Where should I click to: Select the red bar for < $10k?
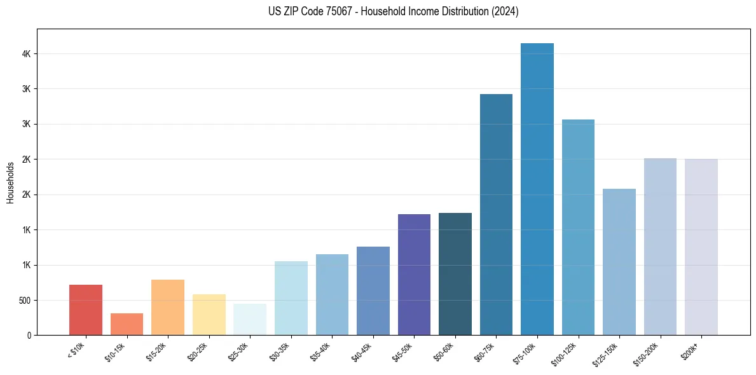click(x=86, y=310)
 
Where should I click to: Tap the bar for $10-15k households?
click(x=127, y=324)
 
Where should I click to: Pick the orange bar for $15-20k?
click(x=168, y=307)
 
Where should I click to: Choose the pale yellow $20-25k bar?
click(x=209, y=315)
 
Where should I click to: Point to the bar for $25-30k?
click(x=250, y=319)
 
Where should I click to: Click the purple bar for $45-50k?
click(x=414, y=275)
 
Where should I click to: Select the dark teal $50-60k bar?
click(x=455, y=274)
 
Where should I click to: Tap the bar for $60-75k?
click(x=496, y=214)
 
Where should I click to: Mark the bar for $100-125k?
click(x=578, y=227)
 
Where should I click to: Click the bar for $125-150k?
click(x=619, y=262)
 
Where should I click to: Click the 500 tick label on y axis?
click(x=25, y=300)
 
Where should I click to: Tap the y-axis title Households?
click(x=10, y=182)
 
